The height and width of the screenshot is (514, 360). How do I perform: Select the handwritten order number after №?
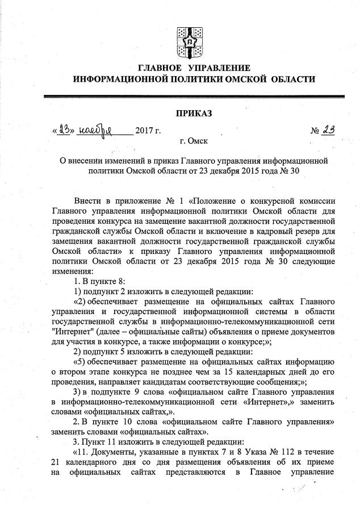click(327, 130)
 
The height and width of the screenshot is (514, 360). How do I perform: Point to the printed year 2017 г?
click(149, 132)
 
